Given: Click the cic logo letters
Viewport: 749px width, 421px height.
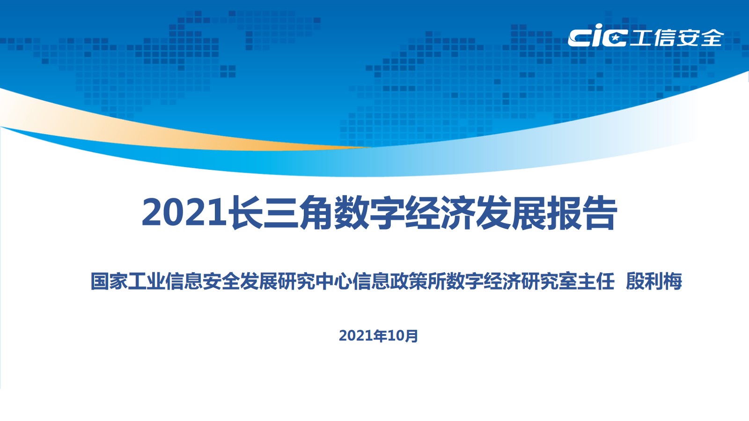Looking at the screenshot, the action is click(x=597, y=36).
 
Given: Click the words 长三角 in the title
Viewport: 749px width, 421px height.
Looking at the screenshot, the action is click(x=280, y=212).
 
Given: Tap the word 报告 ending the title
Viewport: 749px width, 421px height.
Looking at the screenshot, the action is click(x=582, y=212).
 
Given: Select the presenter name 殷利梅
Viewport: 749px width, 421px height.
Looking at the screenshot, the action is click(x=654, y=281).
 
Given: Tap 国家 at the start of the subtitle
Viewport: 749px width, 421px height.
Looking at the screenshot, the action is click(x=109, y=281).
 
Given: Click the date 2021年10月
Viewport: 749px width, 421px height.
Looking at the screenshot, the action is click(x=379, y=336).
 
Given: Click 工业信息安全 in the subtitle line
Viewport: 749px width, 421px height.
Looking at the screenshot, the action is click(x=184, y=281).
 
